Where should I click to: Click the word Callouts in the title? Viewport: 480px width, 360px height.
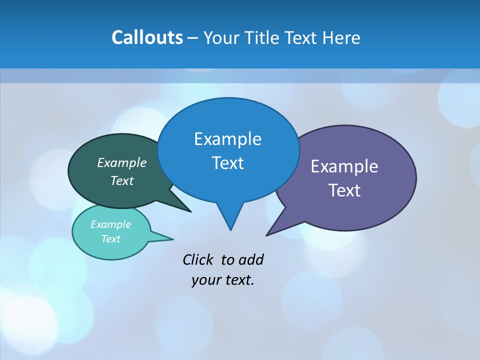[147, 37]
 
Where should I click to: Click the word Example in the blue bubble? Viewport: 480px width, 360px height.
[227, 139]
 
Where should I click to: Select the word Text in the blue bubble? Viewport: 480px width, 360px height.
[227, 163]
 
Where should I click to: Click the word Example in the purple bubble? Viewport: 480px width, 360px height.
[344, 166]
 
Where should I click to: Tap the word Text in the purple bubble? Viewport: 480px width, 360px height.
[344, 190]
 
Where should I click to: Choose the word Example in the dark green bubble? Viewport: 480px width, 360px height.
[122, 162]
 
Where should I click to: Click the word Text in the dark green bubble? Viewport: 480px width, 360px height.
[122, 180]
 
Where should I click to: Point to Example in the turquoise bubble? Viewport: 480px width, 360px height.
[110, 224]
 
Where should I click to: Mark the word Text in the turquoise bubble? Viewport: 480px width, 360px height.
[110, 239]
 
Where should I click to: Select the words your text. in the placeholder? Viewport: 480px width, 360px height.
[223, 279]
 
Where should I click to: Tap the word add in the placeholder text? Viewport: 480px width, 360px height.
[250, 259]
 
